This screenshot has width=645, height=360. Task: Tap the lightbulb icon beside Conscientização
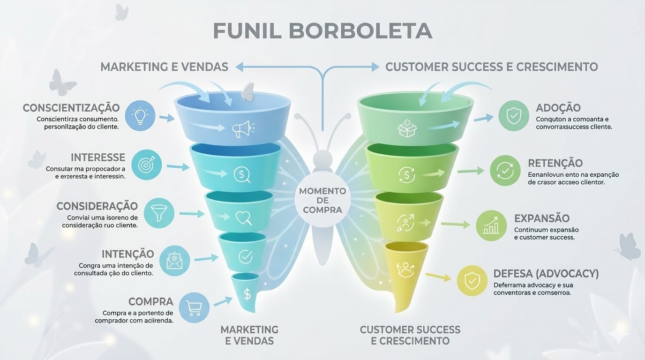(140, 115)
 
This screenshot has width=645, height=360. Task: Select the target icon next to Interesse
(146, 165)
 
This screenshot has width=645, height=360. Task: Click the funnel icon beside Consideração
(159, 213)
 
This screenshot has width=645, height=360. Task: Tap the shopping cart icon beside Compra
(194, 307)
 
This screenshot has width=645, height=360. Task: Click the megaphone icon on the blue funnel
(243, 128)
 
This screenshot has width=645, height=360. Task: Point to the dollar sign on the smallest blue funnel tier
(247, 294)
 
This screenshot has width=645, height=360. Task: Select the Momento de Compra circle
(322, 200)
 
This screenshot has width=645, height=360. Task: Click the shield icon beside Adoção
(514, 115)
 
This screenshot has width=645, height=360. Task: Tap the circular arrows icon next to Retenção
(505, 171)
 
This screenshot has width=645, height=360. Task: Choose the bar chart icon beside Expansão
(491, 225)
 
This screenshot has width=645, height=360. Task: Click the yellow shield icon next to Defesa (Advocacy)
(472, 281)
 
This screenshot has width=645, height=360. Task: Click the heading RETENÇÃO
(555, 163)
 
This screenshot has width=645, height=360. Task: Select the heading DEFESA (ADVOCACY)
(546, 273)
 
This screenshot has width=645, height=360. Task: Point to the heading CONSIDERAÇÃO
(97, 206)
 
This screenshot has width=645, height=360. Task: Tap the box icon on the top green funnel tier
(405, 128)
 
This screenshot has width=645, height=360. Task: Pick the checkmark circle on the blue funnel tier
(246, 256)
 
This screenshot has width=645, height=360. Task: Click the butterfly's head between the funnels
(322, 158)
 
